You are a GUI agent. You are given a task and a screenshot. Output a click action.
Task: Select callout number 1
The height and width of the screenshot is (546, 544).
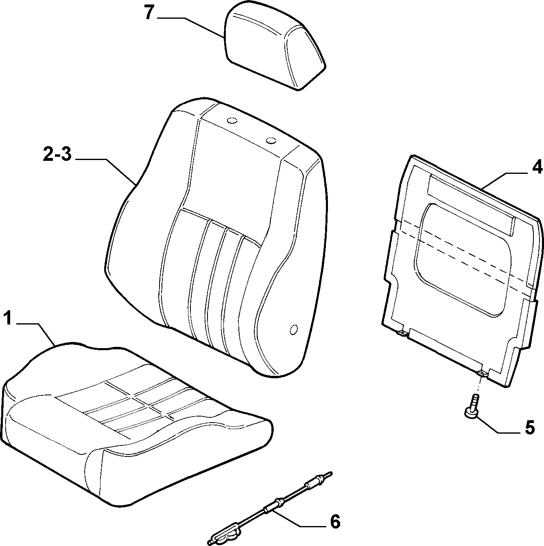click(x=8, y=319)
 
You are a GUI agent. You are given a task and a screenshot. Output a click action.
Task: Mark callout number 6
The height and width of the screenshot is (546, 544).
click(x=335, y=522)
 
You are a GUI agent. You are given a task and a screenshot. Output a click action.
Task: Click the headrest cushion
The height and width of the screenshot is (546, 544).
click(x=275, y=47)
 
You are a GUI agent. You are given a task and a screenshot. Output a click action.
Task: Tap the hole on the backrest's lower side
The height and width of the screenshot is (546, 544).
click(x=294, y=329)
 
